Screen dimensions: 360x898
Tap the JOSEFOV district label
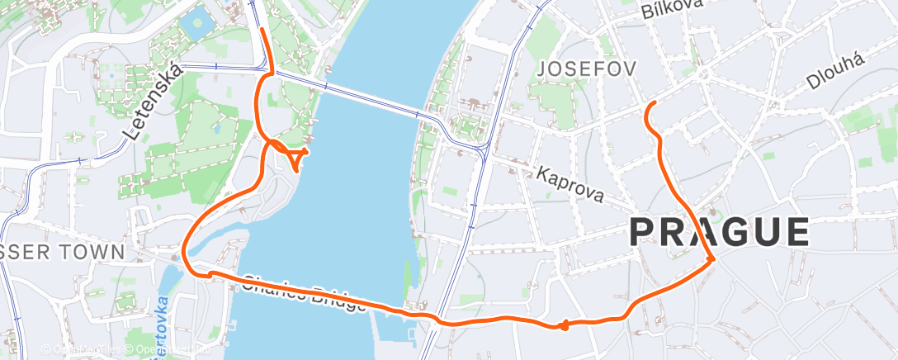586,69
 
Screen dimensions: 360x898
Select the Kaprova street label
570,186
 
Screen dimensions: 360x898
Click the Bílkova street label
671,8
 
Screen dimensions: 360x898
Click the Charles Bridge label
305,293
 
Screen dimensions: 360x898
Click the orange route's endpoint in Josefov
653,102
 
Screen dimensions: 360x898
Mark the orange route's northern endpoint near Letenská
262,29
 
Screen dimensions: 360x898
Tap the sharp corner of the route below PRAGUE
711,259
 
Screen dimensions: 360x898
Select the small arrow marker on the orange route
563,325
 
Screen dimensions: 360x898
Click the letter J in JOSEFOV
541,69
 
